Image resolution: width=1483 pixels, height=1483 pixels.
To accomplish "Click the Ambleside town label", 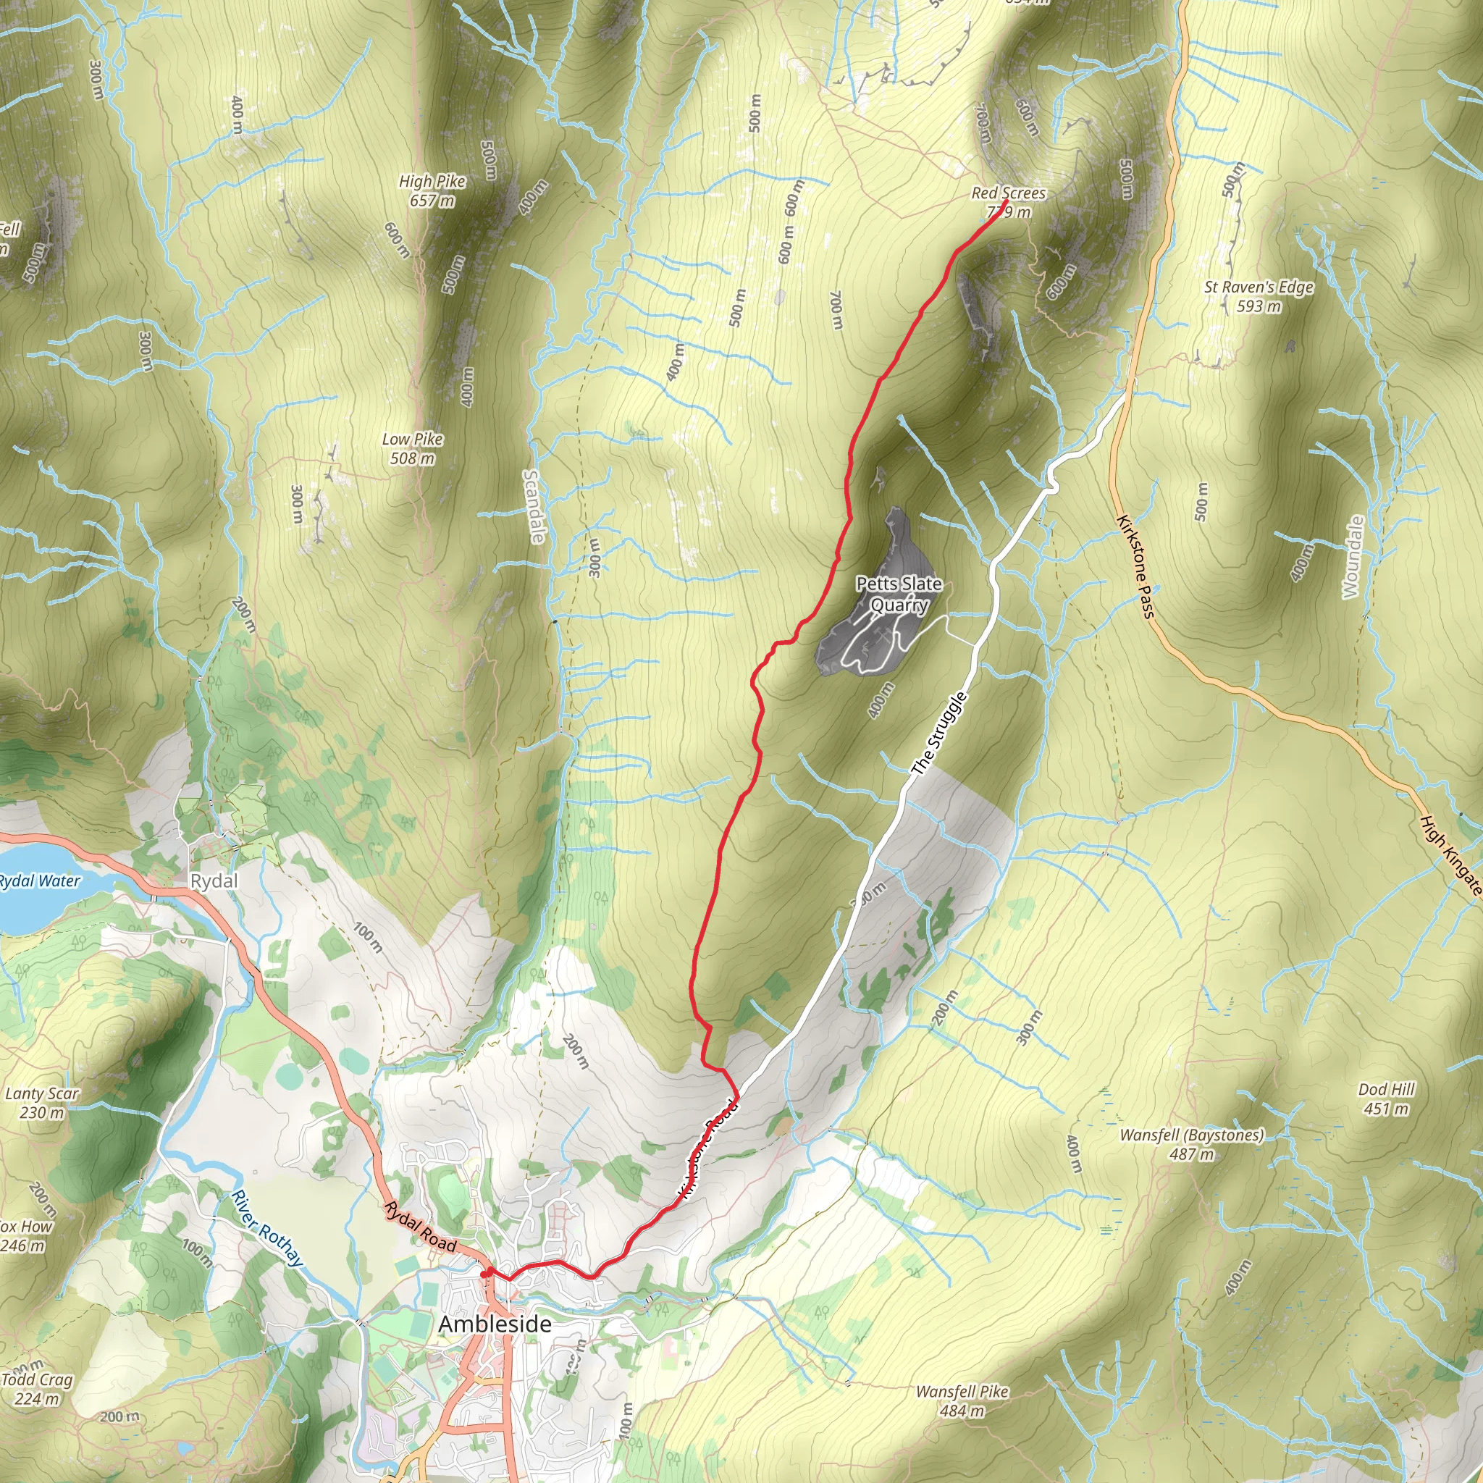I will tap(495, 1324).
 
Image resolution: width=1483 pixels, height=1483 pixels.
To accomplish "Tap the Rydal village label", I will tap(214, 881).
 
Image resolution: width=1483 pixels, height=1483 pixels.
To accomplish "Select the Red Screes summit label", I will tap(1008, 202).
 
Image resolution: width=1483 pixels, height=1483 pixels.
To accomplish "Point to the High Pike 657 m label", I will tap(432, 190).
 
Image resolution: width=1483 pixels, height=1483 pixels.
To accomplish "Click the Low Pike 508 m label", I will tap(412, 448).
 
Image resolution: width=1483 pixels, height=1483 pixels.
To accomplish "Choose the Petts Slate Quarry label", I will tap(899, 594).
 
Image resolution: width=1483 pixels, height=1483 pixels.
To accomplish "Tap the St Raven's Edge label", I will tap(1259, 296).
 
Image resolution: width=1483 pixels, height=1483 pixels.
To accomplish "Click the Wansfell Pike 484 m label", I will tap(962, 1401).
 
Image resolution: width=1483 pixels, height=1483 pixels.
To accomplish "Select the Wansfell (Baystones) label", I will tap(1191, 1143).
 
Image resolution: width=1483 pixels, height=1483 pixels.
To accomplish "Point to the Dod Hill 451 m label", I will tap(1386, 1098).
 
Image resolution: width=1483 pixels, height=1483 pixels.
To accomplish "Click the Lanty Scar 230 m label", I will tap(41, 1102).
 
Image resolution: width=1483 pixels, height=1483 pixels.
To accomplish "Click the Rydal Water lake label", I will tap(38, 881).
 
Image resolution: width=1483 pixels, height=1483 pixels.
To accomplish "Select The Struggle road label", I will tap(938, 733).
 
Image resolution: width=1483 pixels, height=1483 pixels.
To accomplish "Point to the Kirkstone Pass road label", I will tap(1136, 566).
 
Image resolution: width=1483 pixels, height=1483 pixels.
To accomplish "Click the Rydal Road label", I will tap(421, 1226).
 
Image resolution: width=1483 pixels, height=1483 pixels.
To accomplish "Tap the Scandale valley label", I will tap(533, 507).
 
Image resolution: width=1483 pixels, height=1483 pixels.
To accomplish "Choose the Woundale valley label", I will tap(1353, 557).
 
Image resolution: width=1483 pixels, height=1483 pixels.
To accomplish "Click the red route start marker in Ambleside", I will tap(486, 1274).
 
